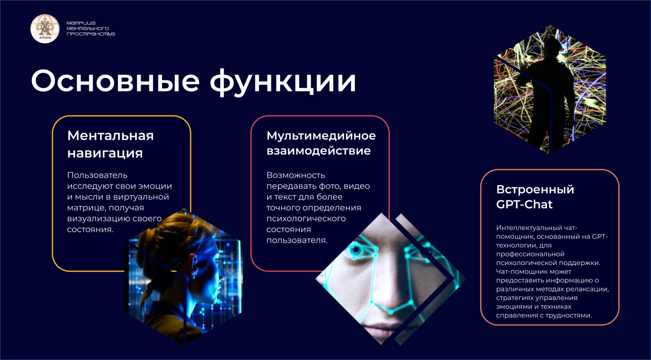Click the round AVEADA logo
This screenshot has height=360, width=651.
tap(45, 29)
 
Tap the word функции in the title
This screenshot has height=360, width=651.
tap(283, 82)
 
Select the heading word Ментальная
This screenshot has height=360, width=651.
tap(111, 135)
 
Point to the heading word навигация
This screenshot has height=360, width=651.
tap(105, 153)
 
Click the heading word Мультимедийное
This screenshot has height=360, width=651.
tap(321, 136)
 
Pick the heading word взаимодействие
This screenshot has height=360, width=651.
tap(318, 151)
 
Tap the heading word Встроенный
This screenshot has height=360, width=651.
tap(535, 189)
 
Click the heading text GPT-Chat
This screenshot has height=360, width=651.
tap(524, 204)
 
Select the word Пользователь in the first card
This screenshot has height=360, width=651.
tap(97, 175)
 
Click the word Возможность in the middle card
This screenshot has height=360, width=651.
tap(296, 175)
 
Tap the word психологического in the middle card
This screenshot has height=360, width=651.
tap(306, 219)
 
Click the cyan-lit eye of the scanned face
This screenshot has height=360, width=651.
tap(355, 250)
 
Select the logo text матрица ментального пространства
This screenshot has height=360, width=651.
tap(91, 29)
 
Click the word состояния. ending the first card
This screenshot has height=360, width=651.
tap(90, 230)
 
